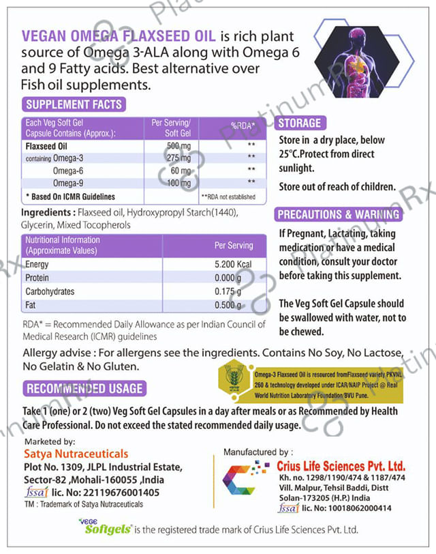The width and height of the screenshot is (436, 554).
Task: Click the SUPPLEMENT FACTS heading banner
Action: tap(74, 104)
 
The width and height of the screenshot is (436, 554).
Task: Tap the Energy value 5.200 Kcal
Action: tap(233, 265)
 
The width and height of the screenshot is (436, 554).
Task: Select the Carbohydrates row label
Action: tap(50, 291)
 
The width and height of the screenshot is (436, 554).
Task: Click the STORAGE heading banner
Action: tap(300, 123)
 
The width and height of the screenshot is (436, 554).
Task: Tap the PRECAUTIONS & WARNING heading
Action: tap(338, 214)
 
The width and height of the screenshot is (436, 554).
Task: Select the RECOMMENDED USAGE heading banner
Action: tap(84, 389)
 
